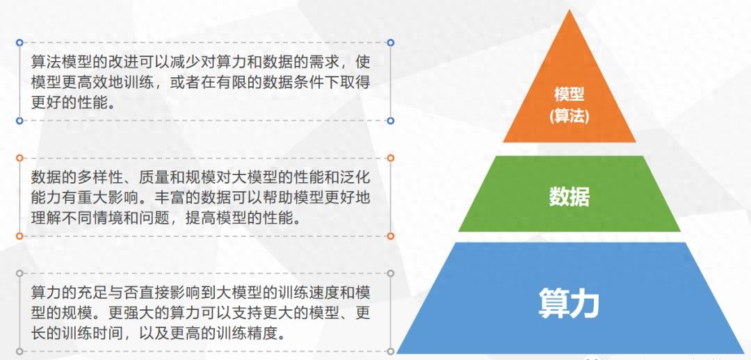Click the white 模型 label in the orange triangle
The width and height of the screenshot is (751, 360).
click(570, 94)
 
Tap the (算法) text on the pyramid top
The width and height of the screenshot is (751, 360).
click(570, 116)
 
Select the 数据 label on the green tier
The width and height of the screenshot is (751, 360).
click(570, 196)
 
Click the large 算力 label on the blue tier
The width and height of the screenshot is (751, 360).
click(570, 302)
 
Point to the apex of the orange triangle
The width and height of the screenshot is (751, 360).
click(570, 10)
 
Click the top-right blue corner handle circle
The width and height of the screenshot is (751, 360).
click(390, 42)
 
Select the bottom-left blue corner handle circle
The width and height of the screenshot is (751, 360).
click(19, 121)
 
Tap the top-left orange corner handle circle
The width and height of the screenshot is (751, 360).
click(19, 158)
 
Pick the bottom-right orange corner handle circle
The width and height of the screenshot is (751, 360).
click(390, 236)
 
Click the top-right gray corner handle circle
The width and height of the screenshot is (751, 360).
click(390, 273)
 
